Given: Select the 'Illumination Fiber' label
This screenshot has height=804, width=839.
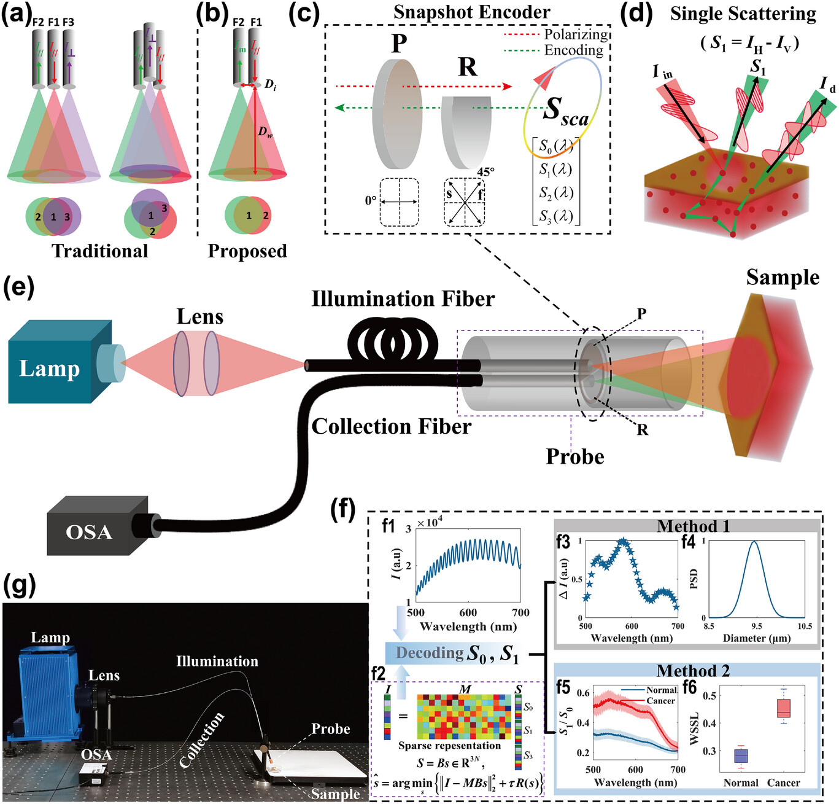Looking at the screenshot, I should pos(403,299).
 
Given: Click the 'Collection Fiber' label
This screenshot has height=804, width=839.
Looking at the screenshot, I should pos(391,426).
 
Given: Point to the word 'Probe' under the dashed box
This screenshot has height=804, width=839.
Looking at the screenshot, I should pos(574,456).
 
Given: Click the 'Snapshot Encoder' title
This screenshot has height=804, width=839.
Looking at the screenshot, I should pos(471,12).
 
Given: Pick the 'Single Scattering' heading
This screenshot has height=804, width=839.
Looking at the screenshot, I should pos(743,14).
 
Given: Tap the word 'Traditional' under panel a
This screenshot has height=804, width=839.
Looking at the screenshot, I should pos(99,251).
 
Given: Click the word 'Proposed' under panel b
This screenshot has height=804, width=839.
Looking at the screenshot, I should pos(247,251).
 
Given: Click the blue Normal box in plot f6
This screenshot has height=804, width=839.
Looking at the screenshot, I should pos(741,755).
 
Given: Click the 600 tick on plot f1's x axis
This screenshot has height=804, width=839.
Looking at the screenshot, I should pos(468,612).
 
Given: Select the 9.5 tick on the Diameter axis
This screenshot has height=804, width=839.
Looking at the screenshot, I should pos(756,626).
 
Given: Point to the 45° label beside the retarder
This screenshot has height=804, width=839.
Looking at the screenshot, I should pos(485,171).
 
